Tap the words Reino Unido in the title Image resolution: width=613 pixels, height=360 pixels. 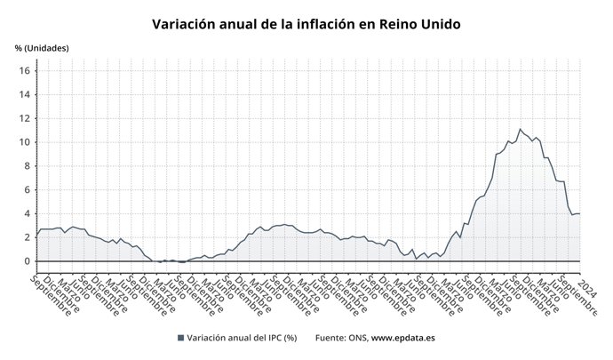pyautogui.click(x=419, y=24)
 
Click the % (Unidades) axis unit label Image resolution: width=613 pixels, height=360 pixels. pyautogui.click(x=42, y=47)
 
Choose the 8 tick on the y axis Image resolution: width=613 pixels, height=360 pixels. pyautogui.click(x=28, y=165)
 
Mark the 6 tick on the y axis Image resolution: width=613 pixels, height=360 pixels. pyautogui.click(x=28, y=189)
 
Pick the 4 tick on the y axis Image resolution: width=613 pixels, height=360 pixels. pyautogui.click(x=28, y=213)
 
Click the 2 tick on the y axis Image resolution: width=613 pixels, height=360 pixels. pyautogui.click(x=28, y=237)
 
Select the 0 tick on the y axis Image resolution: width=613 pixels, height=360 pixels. pyautogui.click(x=28, y=261)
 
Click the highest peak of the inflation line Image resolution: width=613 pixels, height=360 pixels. pyautogui.click(x=521, y=129)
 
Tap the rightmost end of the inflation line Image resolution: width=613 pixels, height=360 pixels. pyautogui.click(x=579, y=213)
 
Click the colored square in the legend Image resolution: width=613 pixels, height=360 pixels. pyautogui.click(x=181, y=338)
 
